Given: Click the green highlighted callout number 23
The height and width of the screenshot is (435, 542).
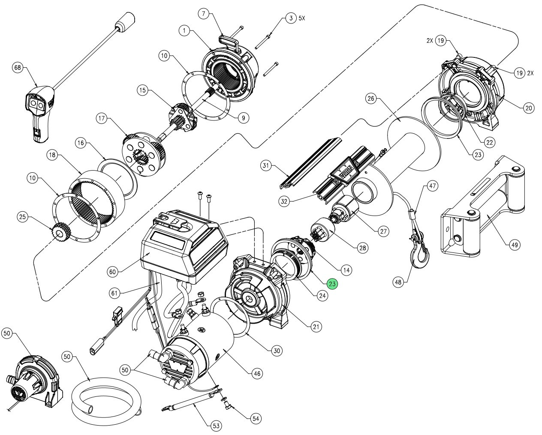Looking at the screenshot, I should (332, 283).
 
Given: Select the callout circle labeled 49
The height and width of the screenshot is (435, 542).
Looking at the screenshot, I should (514, 245).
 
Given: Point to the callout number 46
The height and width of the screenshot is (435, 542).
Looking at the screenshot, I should (256, 373).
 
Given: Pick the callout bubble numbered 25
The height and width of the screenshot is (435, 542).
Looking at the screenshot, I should (23, 217).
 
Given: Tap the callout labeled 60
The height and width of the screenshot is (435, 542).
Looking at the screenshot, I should (113, 271).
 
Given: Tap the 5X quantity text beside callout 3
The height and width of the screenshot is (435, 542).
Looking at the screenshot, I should (302, 19).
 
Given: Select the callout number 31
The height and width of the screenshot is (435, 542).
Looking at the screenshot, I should (266, 165).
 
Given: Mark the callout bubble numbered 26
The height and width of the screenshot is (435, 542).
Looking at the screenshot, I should (372, 99).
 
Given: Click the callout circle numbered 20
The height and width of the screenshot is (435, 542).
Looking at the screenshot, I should (528, 108).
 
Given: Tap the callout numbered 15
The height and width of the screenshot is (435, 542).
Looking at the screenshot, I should (143, 90).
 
